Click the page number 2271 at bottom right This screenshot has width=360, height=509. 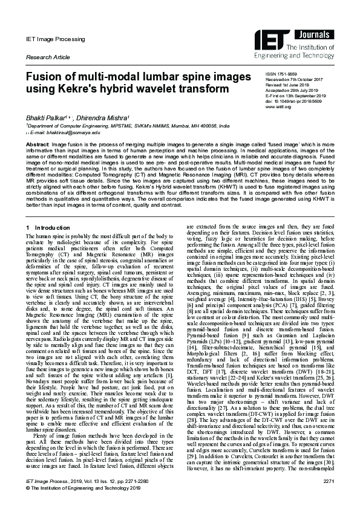(329, 497)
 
